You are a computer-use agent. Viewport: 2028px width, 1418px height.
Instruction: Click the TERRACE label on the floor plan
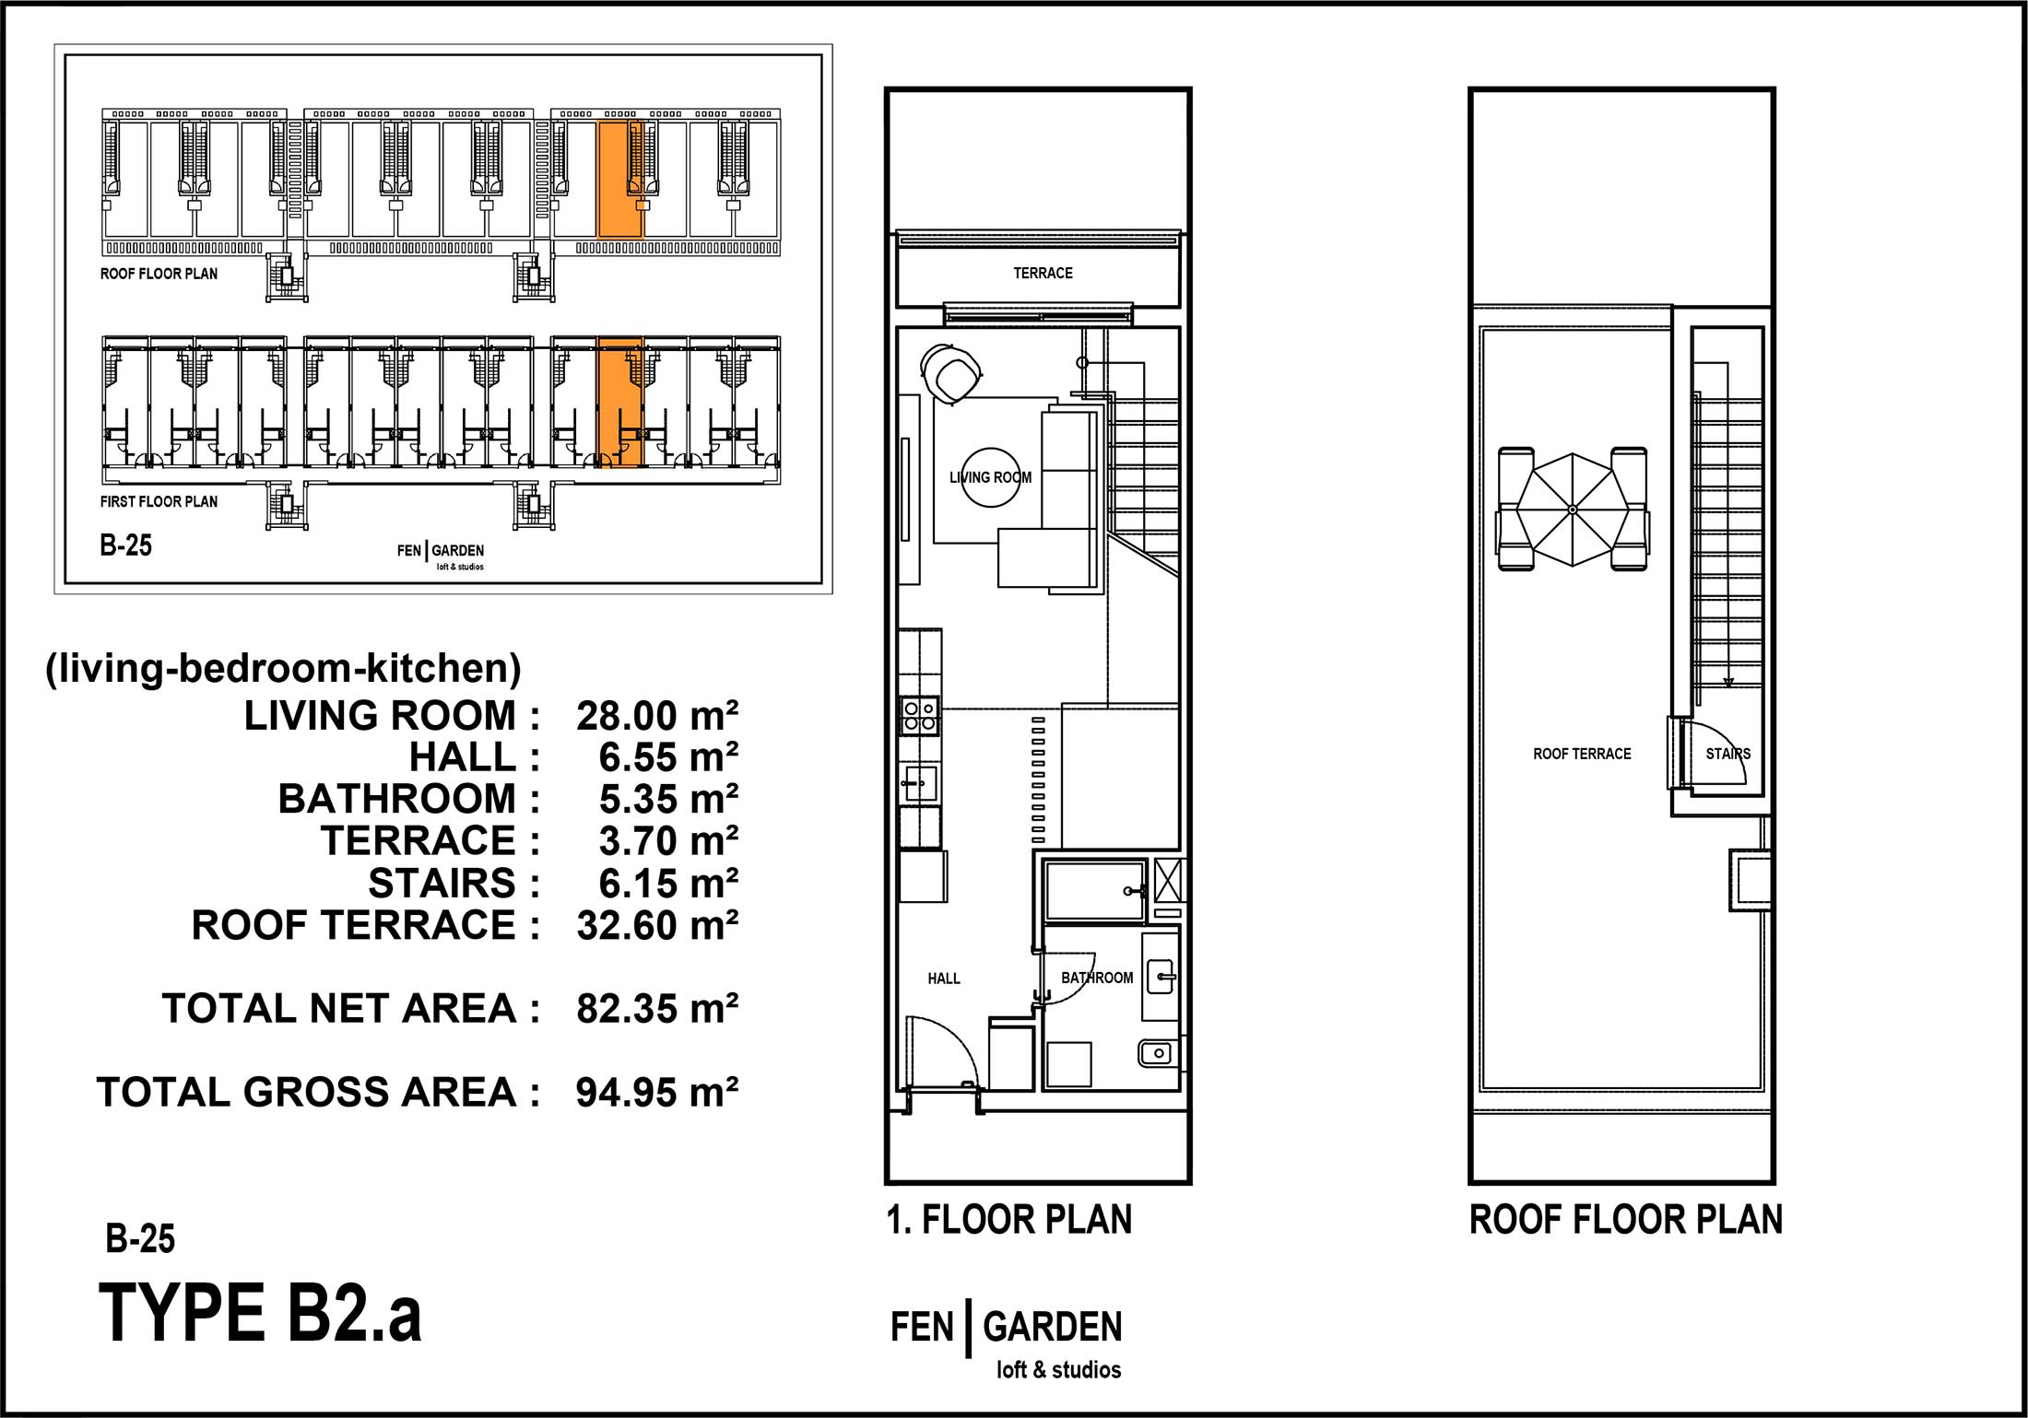[1043, 273]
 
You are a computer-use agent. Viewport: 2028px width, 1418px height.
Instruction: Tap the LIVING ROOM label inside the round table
[990, 477]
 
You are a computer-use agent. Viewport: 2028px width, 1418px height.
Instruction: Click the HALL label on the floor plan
[944, 979]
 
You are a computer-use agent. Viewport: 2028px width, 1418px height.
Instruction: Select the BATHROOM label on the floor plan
[1097, 978]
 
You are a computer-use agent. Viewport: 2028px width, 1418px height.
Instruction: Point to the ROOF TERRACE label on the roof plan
[1582, 754]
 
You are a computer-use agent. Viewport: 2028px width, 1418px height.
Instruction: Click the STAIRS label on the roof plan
[1727, 754]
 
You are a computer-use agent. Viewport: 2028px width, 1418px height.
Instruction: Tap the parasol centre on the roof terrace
[1573, 510]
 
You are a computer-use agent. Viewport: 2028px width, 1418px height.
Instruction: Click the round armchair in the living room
[951, 372]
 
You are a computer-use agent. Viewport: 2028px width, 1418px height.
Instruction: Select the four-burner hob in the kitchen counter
[920, 716]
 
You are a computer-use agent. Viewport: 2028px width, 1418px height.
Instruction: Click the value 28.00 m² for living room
[657, 716]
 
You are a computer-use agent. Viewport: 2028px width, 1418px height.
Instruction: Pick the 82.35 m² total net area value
[657, 1009]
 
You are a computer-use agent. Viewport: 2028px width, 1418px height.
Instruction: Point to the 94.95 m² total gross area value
[657, 1093]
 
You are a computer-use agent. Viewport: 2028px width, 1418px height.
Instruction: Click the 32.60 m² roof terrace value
[657, 925]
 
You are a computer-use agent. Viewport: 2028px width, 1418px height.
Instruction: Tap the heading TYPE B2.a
[260, 1314]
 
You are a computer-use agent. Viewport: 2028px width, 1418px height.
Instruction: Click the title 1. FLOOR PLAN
[1009, 1220]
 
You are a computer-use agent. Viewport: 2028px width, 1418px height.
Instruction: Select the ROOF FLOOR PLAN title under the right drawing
[1626, 1220]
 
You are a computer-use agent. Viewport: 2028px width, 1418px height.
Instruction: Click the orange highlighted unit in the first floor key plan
[619, 402]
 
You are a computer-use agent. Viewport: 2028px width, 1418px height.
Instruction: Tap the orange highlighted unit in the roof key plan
[619, 179]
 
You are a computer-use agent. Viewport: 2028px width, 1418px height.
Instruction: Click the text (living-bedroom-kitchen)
[283, 668]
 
